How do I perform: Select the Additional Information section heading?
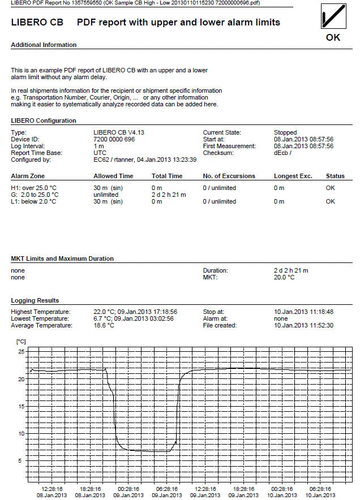pos(44,45)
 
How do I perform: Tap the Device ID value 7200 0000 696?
pos(114,139)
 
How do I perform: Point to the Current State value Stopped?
pos(285,132)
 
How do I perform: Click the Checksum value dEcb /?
pos(283,153)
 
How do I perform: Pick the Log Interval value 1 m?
pos(98,146)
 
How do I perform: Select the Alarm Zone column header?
pos(28,176)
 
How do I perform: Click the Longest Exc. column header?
pos(293,176)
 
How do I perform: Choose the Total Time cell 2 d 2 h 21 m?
pos(169,195)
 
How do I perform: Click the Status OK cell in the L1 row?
pos(331,201)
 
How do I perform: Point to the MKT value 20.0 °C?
pos(284,278)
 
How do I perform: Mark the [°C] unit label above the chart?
pos(22,342)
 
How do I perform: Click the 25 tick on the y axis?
pos(22,352)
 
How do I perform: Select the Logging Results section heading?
pos(35,300)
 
